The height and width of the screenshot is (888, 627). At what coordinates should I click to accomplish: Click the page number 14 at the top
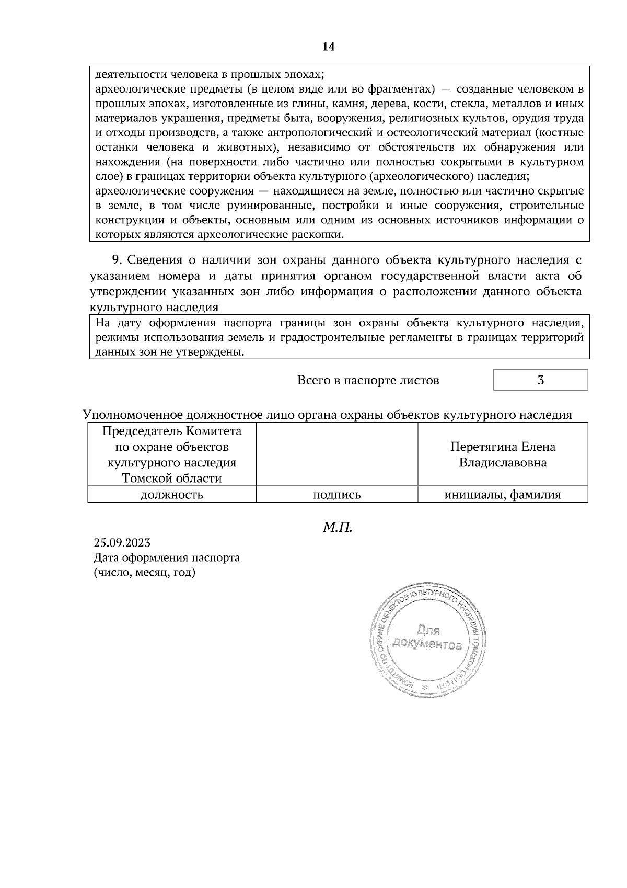click(x=328, y=47)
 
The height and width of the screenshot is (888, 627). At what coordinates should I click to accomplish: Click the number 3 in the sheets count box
click(x=541, y=380)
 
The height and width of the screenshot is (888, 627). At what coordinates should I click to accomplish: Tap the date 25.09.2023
click(x=122, y=542)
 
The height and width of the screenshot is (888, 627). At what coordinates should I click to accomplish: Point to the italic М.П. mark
click(x=338, y=527)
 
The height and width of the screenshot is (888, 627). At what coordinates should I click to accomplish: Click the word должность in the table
click(x=171, y=495)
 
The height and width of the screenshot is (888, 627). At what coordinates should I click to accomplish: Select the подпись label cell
click(x=336, y=495)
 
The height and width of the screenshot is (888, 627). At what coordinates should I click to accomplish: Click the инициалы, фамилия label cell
click(x=503, y=495)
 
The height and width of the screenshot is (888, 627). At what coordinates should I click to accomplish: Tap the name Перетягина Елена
click(x=503, y=447)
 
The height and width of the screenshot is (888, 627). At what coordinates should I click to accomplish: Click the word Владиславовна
click(x=503, y=463)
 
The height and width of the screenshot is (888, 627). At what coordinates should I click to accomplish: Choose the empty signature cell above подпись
click(x=336, y=454)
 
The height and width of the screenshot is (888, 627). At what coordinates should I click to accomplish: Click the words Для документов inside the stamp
click(x=428, y=637)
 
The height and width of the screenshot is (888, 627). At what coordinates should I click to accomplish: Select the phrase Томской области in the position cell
click(x=171, y=479)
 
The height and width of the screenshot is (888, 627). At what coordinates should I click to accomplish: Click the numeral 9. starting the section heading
click(x=117, y=260)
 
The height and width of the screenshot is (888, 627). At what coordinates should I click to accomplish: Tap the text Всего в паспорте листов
click(x=368, y=380)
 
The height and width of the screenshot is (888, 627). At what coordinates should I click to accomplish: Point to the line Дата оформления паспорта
click(x=167, y=557)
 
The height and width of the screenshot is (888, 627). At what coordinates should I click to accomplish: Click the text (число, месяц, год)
click(x=144, y=573)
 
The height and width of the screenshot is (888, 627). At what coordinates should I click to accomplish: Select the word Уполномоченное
click(x=133, y=415)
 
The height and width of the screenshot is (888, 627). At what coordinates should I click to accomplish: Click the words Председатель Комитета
click(x=171, y=431)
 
